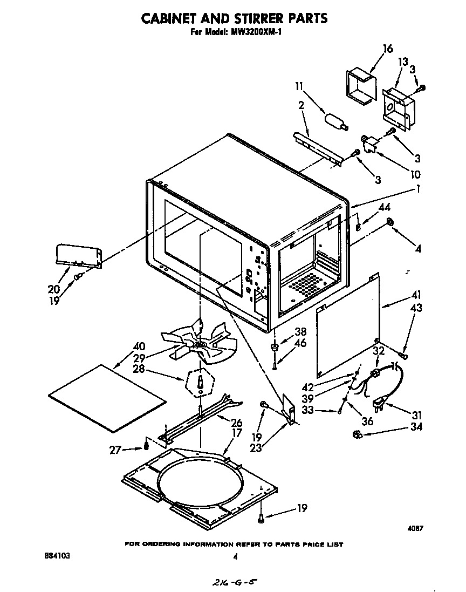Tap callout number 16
(x=387, y=49)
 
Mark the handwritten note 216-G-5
(x=233, y=582)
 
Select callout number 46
(x=300, y=343)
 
